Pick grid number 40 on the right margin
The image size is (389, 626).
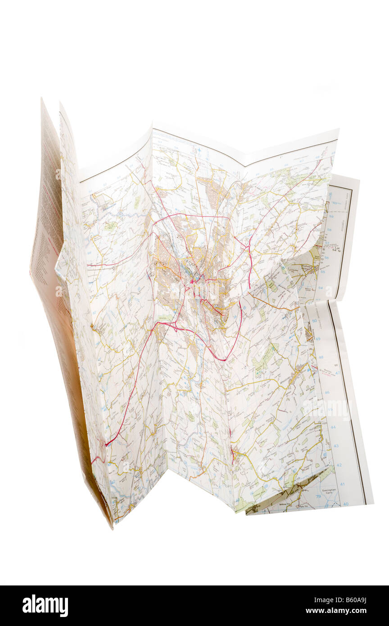coord(346,504)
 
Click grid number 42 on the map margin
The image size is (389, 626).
coord(340,465)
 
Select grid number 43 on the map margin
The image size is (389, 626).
coord(336,445)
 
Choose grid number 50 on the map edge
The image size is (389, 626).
coord(315,320)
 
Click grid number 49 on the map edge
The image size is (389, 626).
coord(318,338)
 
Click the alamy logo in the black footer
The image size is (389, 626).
coord(45,606)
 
